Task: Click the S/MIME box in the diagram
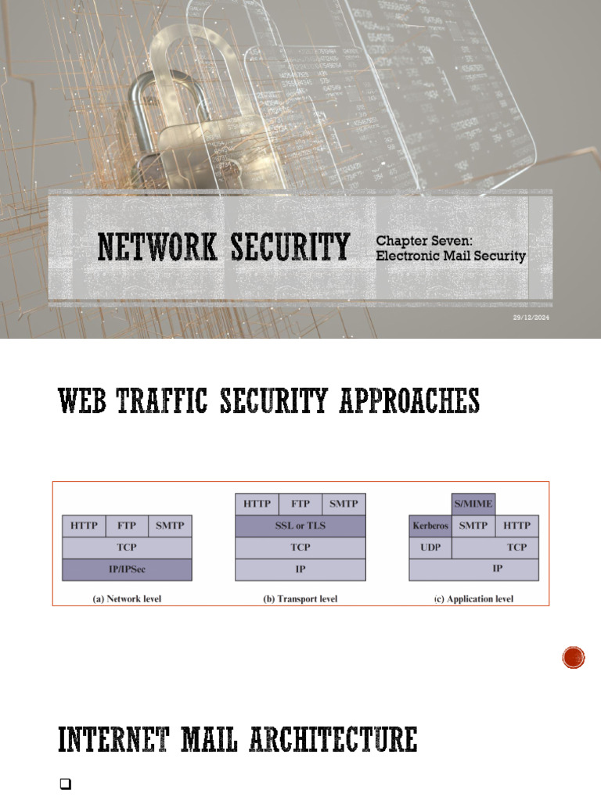tap(473, 505)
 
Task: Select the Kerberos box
tap(430, 526)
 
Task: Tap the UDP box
tap(430, 548)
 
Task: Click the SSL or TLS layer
tap(300, 526)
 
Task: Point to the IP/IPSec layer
tap(127, 569)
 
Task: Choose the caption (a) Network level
tap(127, 599)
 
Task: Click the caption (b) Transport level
tap(300, 599)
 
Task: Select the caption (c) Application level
tap(474, 599)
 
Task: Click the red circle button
tap(574, 658)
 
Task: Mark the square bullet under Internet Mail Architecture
tap(65, 785)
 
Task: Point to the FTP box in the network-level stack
tap(127, 526)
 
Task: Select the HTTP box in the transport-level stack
tap(257, 504)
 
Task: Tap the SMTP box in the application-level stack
tap(473, 526)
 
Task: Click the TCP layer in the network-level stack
tap(127, 548)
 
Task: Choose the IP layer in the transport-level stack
tap(300, 569)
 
